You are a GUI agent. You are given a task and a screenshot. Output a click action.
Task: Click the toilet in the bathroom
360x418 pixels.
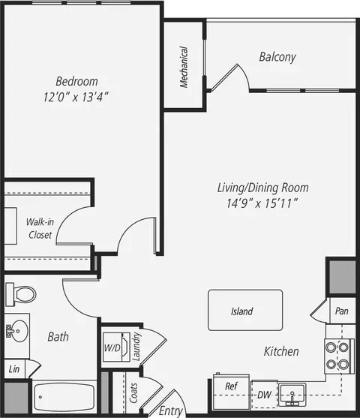pos(21,295)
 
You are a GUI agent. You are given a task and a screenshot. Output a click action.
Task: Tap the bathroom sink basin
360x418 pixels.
pos(18,331)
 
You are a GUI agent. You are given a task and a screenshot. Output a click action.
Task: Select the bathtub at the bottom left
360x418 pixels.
pos(64,397)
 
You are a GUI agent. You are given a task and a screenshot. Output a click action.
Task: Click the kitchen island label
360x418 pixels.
pos(242,311)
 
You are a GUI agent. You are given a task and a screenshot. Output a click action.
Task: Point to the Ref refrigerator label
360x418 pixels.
pos(231,386)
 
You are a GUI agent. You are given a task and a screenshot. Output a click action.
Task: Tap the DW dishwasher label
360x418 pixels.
pos(264,395)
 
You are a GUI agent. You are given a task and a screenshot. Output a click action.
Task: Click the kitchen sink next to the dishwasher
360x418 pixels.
pos(292,395)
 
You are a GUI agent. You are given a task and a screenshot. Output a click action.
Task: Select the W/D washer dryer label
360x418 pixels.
pos(112,347)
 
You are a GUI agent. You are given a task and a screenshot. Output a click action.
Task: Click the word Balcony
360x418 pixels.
pos(277,57)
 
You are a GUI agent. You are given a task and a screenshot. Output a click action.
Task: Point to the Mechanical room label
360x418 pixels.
pos(184,68)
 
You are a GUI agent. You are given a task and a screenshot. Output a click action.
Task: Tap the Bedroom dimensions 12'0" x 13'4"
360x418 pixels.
pos(76,97)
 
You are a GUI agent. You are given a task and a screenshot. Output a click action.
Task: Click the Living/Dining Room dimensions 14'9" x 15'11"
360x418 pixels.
pos(262,203)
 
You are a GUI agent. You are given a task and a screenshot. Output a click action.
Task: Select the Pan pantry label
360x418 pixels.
pos(341,311)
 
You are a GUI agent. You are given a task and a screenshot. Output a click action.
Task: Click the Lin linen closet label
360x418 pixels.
pos(14,369)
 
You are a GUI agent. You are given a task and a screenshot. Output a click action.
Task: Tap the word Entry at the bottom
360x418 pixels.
pos(170,410)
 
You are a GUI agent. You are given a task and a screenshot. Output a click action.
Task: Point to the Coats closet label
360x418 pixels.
pos(133,393)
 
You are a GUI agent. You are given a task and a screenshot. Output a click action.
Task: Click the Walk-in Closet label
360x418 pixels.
pos(40,228)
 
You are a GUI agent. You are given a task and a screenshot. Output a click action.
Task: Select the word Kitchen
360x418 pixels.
pos(281,351)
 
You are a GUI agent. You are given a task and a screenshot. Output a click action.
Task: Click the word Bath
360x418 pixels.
pos(58,337)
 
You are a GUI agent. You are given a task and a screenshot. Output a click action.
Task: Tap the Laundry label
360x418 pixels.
pos(136,347)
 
